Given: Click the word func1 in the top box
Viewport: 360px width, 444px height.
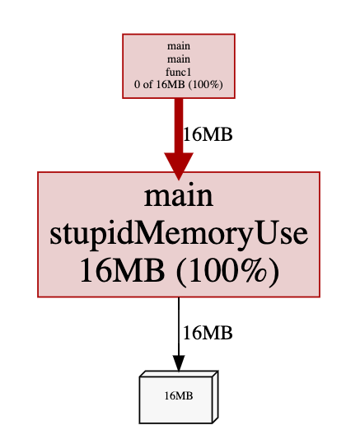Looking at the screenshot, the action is [x=179, y=72].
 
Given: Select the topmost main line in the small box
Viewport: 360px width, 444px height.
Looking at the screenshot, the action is [x=179, y=46].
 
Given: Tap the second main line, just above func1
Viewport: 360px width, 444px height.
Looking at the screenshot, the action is [x=179, y=59].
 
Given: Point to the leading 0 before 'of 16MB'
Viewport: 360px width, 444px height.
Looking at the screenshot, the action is [x=137, y=84].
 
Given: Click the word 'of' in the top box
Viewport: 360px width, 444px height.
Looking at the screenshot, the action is [x=147, y=84].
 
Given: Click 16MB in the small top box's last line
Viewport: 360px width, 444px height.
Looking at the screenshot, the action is [x=171, y=84].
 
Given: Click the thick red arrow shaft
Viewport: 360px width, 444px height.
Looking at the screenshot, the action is [x=179, y=126].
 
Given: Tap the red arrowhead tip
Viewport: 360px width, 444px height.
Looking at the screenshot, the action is [x=179, y=180].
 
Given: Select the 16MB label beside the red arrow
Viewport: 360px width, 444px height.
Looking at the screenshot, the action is [x=208, y=134].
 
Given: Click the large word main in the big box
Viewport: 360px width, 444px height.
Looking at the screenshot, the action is [x=179, y=196].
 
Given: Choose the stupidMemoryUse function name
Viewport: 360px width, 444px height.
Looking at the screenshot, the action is [x=179, y=234].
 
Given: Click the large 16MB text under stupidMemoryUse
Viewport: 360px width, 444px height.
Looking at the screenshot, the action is [x=123, y=270].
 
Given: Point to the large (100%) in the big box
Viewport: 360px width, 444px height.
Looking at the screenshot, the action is [x=227, y=271].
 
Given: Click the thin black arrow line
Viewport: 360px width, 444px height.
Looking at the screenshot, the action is [x=179, y=326].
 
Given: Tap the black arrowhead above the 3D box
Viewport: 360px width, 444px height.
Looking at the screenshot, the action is [x=179, y=363].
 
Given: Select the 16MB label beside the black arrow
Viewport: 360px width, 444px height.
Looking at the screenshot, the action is [x=208, y=333].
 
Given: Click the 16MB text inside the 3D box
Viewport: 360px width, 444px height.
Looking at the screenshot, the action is [x=179, y=395].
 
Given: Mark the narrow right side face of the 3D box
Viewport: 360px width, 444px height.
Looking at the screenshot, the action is [x=215, y=397].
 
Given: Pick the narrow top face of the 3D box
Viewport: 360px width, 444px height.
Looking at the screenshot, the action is [x=179, y=374].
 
